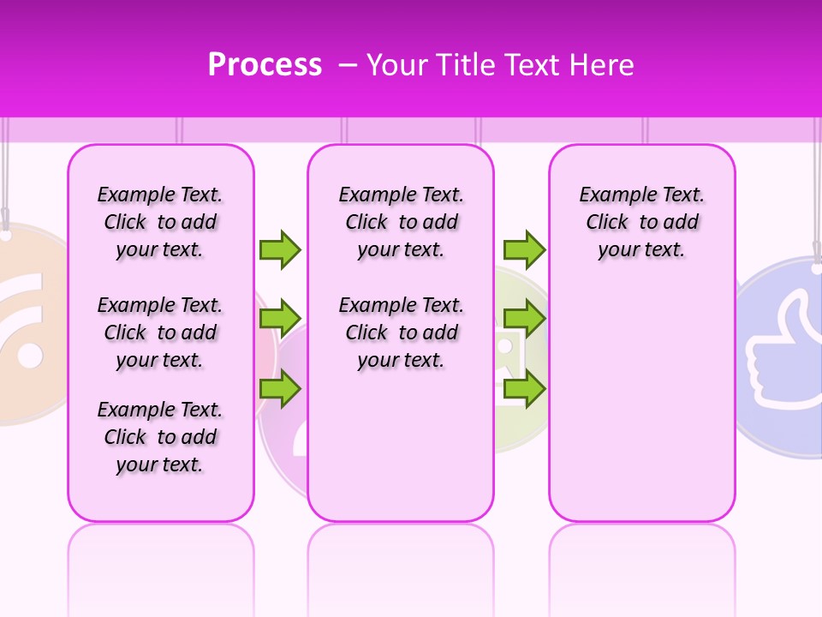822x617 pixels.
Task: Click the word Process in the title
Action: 265,65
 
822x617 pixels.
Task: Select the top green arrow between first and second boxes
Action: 280,249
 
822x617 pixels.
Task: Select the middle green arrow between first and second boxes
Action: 280,319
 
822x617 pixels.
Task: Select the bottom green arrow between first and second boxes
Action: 280,388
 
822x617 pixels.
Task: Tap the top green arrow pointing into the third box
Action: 524,249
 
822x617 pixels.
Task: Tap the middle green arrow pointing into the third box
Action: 524,319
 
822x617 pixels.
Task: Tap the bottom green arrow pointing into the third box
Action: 524,388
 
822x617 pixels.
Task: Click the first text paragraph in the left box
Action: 160,222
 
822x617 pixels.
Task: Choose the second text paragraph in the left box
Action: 160,332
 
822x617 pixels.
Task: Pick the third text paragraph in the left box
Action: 160,437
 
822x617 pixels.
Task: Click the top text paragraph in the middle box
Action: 401,222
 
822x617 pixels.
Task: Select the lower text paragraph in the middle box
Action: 401,332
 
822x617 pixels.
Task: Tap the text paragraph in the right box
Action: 641,222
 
